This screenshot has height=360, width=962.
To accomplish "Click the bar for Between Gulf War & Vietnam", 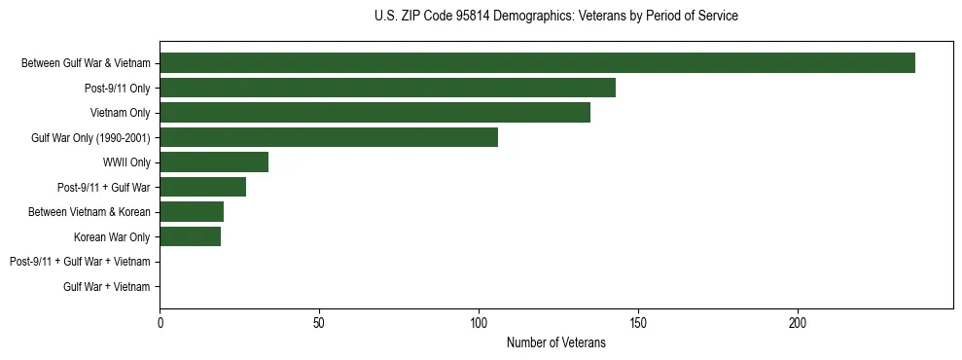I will (537, 63).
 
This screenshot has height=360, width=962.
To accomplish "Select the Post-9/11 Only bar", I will (387, 88).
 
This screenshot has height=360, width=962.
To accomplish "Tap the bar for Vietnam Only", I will (374, 113).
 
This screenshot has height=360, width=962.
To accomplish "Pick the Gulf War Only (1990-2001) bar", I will (329, 137).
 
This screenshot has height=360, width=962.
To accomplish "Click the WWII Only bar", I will (214, 162).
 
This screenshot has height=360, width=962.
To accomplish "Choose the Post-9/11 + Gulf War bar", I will (202, 187).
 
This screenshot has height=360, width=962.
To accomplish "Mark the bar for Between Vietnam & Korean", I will (192, 212).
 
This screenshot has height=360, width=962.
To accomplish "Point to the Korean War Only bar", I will (190, 236).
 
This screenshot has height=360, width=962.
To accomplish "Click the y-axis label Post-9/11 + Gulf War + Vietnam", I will (80, 262).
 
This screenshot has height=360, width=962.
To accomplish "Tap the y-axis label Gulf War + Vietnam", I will (107, 287).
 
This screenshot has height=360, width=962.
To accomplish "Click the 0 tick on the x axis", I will (160, 322).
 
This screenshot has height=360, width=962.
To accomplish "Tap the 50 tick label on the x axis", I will (319, 322).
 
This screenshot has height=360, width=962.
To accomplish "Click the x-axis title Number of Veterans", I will (555, 342).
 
